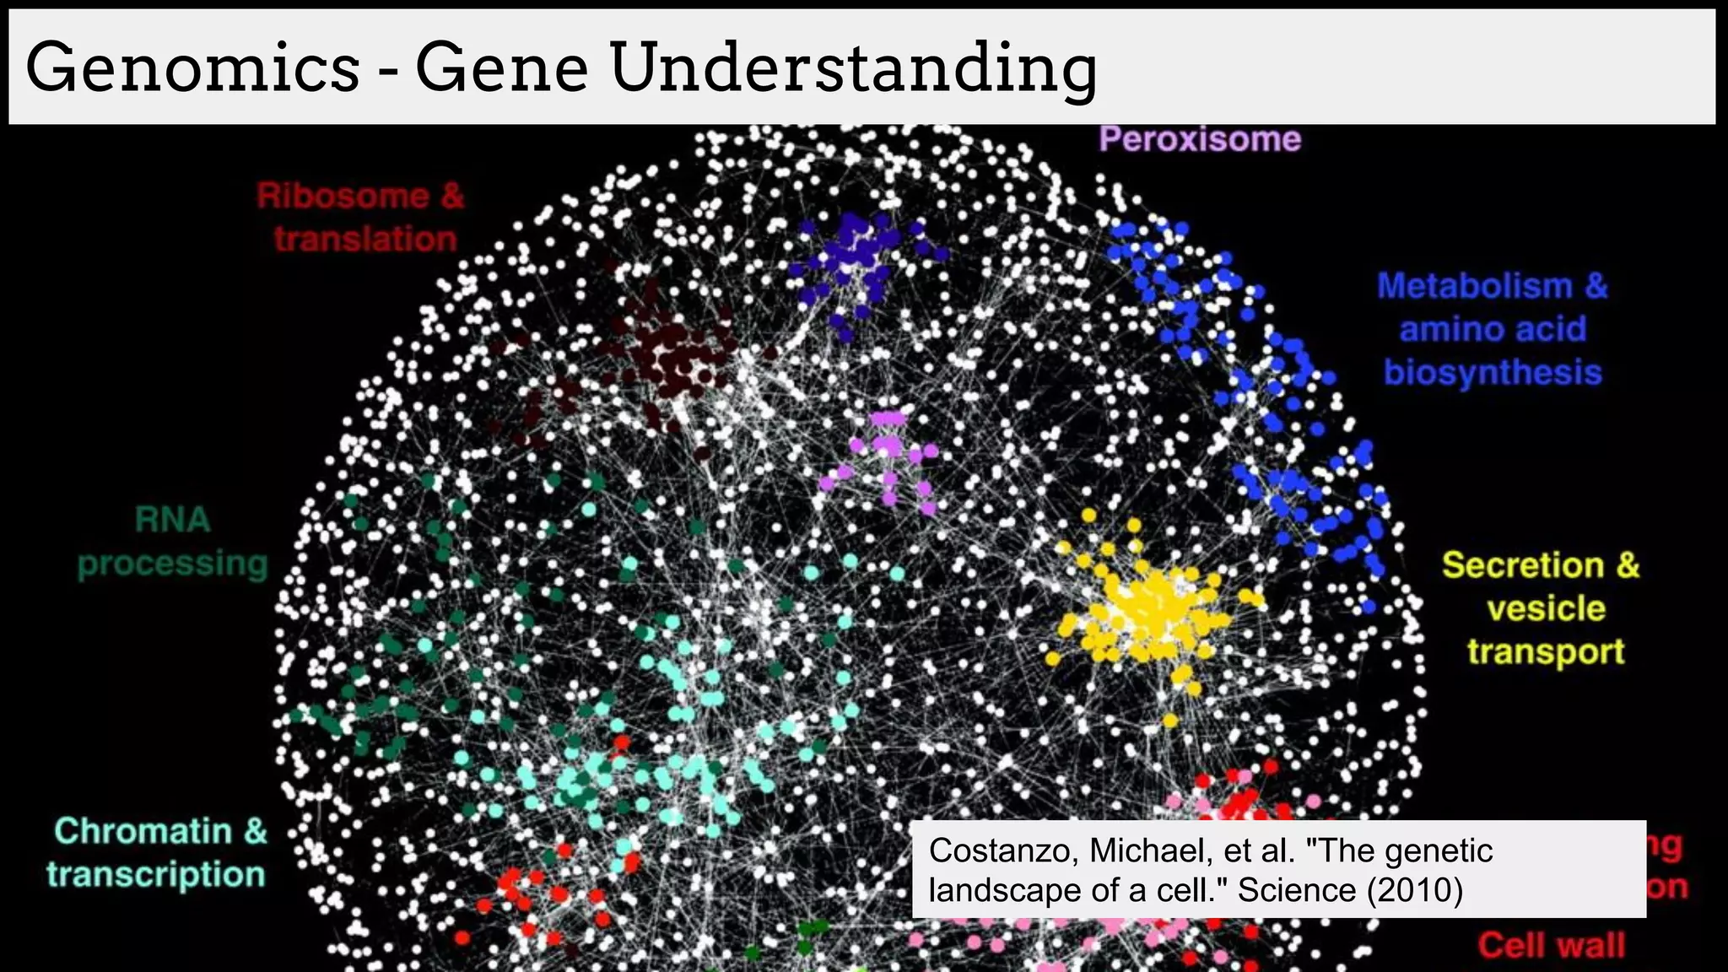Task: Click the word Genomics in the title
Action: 192,67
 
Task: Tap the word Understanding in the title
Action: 852,69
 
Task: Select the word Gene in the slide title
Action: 501,67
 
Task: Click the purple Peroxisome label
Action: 1199,139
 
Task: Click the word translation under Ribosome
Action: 364,239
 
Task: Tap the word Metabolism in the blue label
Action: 1475,286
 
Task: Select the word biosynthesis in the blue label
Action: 1492,372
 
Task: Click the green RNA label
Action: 172,520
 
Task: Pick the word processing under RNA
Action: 172,563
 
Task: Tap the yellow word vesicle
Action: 1546,608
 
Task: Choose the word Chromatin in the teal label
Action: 143,831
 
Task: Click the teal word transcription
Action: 156,874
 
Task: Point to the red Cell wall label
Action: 1551,945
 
